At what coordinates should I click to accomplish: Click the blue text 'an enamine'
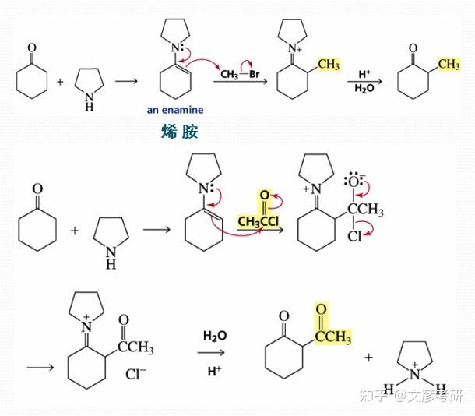click(175, 110)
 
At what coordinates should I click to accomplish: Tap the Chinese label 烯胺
click(177, 132)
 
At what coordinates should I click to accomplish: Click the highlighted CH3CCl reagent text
click(261, 224)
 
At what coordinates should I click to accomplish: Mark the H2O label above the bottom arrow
click(214, 336)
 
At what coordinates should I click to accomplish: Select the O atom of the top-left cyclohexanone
click(32, 48)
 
